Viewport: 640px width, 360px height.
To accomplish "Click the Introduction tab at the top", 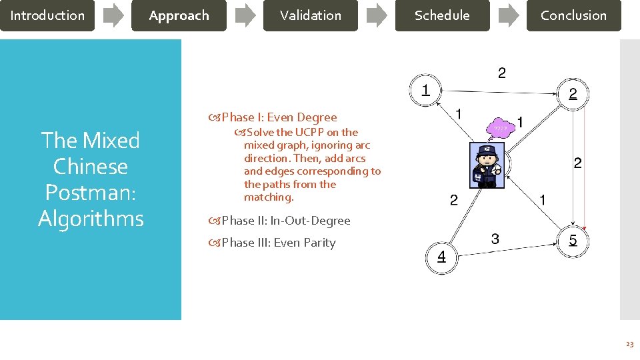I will [47, 15].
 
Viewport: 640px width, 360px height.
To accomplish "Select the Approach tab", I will [179, 15].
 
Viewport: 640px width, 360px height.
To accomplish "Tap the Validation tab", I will [310, 15].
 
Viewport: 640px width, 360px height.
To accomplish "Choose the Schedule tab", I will [442, 15].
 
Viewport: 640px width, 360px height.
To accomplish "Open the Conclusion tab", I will [573, 15].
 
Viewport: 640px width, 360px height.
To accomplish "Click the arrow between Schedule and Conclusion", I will [509, 15].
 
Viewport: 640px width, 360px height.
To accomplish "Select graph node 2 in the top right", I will [573, 95].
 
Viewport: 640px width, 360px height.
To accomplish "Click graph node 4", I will [441, 257].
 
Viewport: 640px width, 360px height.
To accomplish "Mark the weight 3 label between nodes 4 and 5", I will [495, 238].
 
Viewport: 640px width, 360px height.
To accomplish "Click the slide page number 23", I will [629, 344].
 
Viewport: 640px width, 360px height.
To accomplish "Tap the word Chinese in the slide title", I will [91, 167].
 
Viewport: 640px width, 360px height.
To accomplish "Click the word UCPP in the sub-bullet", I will [311, 132].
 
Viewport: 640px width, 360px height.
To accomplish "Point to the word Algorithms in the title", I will [91, 219].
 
